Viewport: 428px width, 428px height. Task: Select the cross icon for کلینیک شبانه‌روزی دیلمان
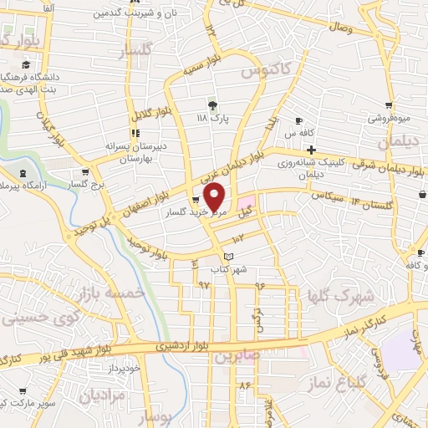311,150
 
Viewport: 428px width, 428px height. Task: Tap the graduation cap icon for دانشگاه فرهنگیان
26,65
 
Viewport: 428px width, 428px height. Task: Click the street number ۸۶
245,386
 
